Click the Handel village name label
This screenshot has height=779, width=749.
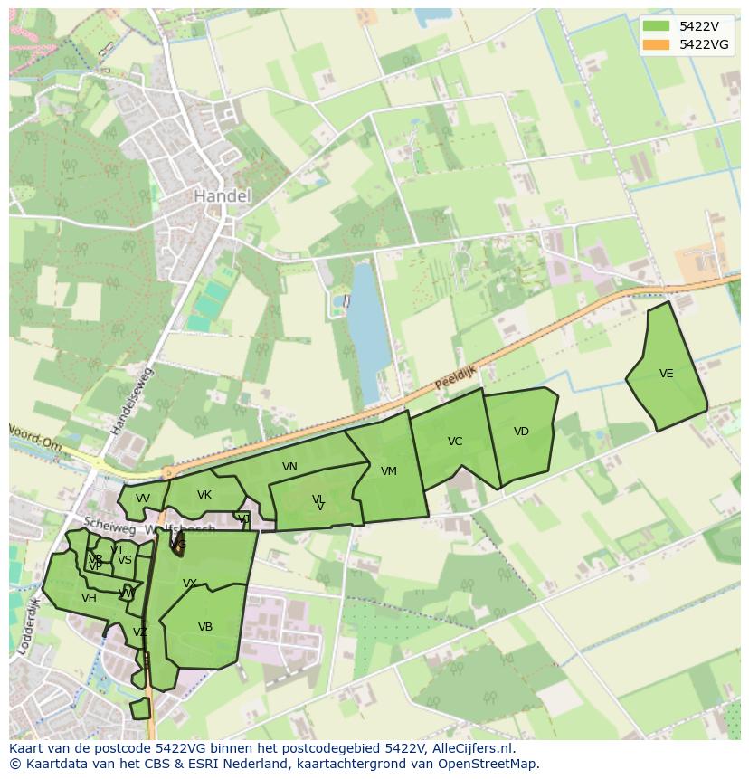click(x=222, y=195)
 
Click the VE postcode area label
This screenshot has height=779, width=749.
click(x=667, y=374)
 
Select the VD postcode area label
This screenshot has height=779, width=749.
click(x=521, y=432)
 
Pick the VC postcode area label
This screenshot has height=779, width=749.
click(x=455, y=442)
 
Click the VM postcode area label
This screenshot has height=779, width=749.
click(x=389, y=471)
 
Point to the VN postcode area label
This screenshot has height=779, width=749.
click(x=289, y=467)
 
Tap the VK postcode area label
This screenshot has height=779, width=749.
click(x=204, y=495)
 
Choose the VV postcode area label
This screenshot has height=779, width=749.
click(x=143, y=499)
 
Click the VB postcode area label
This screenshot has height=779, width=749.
click(x=205, y=627)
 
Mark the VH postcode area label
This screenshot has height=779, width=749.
click(x=89, y=598)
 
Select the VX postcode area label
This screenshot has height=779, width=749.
click(x=190, y=584)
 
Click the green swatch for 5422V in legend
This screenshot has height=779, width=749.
click(x=656, y=26)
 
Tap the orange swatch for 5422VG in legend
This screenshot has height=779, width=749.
click(x=656, y=44)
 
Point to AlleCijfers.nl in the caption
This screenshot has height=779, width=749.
click(x=470, y=748)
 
